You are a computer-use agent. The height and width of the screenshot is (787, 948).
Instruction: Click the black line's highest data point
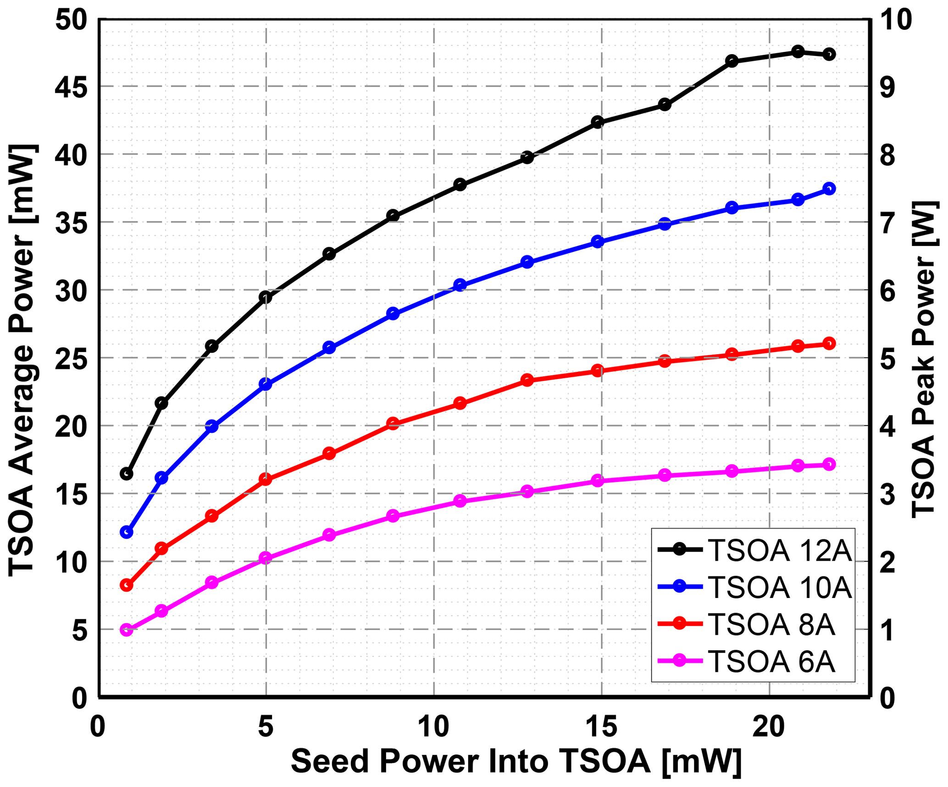coord(798,52)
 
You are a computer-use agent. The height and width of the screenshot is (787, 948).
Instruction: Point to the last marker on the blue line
coord(829,189)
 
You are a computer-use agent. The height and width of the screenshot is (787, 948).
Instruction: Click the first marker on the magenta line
coord(126,630)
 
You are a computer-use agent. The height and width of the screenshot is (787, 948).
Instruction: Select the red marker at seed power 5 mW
coord(266,480)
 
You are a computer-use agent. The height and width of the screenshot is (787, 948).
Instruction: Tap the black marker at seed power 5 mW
coord(266,297)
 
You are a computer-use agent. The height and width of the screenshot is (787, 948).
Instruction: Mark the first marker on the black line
coord(126,474)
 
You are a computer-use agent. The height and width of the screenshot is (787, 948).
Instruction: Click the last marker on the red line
coord(829,343)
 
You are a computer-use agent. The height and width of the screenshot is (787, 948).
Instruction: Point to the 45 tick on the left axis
coord(71,86)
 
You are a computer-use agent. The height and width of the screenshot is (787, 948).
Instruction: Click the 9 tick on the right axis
coord(887,86)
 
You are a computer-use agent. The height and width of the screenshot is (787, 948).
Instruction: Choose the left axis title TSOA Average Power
coord(22,360)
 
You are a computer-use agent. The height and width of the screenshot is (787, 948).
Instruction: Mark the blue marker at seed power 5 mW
coord(266,384)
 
